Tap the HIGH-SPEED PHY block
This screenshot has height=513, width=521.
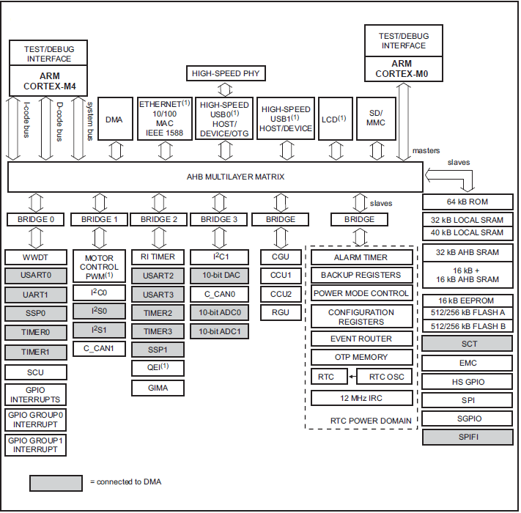coord(226,73)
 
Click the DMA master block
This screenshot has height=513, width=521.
coord(114,119)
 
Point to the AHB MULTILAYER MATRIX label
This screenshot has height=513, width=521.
coord(215,177)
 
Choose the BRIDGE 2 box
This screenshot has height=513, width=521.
coord(159,219)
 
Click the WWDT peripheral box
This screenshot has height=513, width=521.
coord(35,257)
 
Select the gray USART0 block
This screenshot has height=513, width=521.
coord(35,276)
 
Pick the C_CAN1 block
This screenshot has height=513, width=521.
coord(99,348)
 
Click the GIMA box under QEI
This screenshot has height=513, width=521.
coord(158,387)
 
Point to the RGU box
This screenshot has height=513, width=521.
coord(280,312)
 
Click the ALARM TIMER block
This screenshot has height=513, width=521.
coord(361,257)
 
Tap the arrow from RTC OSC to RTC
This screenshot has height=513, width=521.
coord(351,377)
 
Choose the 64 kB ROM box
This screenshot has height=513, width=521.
coord(468,202)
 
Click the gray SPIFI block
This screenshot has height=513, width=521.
coord(468,438)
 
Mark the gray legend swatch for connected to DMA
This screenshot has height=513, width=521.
coord(56,482)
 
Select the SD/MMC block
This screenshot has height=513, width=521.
coord(376,119)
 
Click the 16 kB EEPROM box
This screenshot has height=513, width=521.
coord(468,301)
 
